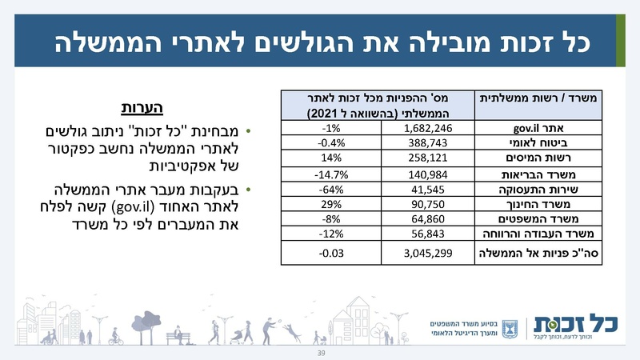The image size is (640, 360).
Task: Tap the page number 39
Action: [321, 352]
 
